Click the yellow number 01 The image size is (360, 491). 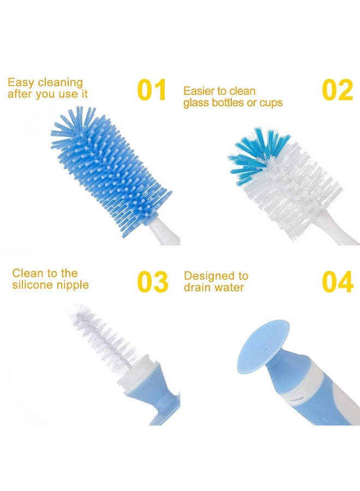click(151, 90)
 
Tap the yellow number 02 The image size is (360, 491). click(337, 90)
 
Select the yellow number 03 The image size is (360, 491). click(152, 282)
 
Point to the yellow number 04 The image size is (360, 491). click(337, 282)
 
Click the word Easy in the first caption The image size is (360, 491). click(21, 83)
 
